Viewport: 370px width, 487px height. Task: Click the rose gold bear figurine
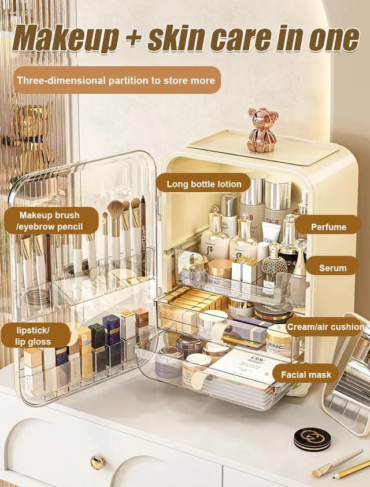tap(262, 130)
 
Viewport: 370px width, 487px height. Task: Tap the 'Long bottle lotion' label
tap(203, 184)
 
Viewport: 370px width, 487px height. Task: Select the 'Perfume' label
tap(328, 226)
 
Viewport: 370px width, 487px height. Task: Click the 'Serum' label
tap(332, 268)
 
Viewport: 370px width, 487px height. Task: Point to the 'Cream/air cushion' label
tap(325, 327)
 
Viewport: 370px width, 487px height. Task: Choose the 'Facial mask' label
tap(306, 375)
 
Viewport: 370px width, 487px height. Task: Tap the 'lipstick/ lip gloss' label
tap(34, 336)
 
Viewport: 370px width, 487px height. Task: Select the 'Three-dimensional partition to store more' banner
tap(117, 80)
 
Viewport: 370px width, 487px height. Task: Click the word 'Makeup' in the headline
tap(65, 39)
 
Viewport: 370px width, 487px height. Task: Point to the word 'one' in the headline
tap(334, 39)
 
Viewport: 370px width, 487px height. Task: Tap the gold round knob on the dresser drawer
tap(97, 462)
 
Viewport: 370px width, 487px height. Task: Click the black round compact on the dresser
tap(312, 440)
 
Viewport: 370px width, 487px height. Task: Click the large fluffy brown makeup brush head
tap(116, 210)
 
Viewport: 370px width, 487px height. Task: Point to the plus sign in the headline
tap(134, 39)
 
